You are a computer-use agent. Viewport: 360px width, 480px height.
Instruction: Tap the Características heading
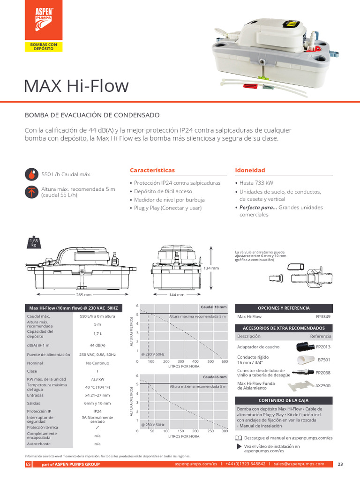[x=152, y=170]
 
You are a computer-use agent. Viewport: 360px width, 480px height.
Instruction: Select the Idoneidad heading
[x=250, y=170]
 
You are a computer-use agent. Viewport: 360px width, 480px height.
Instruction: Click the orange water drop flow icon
[x=31, y=175]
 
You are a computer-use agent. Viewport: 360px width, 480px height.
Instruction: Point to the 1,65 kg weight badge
[x=33, y=243]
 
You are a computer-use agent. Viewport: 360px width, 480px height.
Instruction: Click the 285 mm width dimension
[x=84, y=295]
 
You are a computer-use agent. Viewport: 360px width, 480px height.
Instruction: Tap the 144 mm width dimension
[x=177, y=295]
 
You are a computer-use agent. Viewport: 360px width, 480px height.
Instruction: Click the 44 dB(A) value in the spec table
[x=97, y=345]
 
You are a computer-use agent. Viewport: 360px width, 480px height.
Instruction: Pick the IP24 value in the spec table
[x=97, y=411]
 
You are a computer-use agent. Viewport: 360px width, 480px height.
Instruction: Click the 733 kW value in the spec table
[x=97, y=379]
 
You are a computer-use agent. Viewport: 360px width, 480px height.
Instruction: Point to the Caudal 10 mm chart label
[x=213, y=307]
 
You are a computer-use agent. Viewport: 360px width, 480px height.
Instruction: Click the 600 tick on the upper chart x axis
[x=225, y=361]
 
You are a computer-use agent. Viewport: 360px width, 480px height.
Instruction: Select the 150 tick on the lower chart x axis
[x=181, y=431]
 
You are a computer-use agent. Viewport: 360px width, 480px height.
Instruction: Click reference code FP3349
[x=323, y=317]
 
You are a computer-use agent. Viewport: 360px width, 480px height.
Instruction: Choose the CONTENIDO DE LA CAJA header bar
[x=284, y=400]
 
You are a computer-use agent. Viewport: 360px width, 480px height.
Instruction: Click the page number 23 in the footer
[x=340, y=464]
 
